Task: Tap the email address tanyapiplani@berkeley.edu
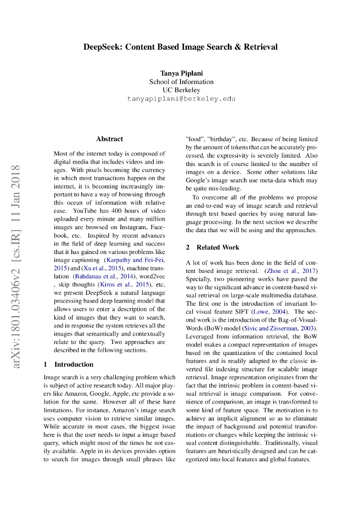pyautogui.click(x=181, y=98)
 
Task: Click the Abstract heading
pyautogui.click(x=109, y=139)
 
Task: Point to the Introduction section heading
pyautogui.click(x=74, y=364)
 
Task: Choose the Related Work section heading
pyautogui.click(x=218, y=247)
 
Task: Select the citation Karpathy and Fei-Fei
pyautogui.click(x=134, y=260)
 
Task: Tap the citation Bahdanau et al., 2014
pyautogui.click(x=104, y=276)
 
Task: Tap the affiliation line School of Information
pyautogui.click(x=181, y=82)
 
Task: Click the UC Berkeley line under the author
pyautogui.click(x=181, y=90)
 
